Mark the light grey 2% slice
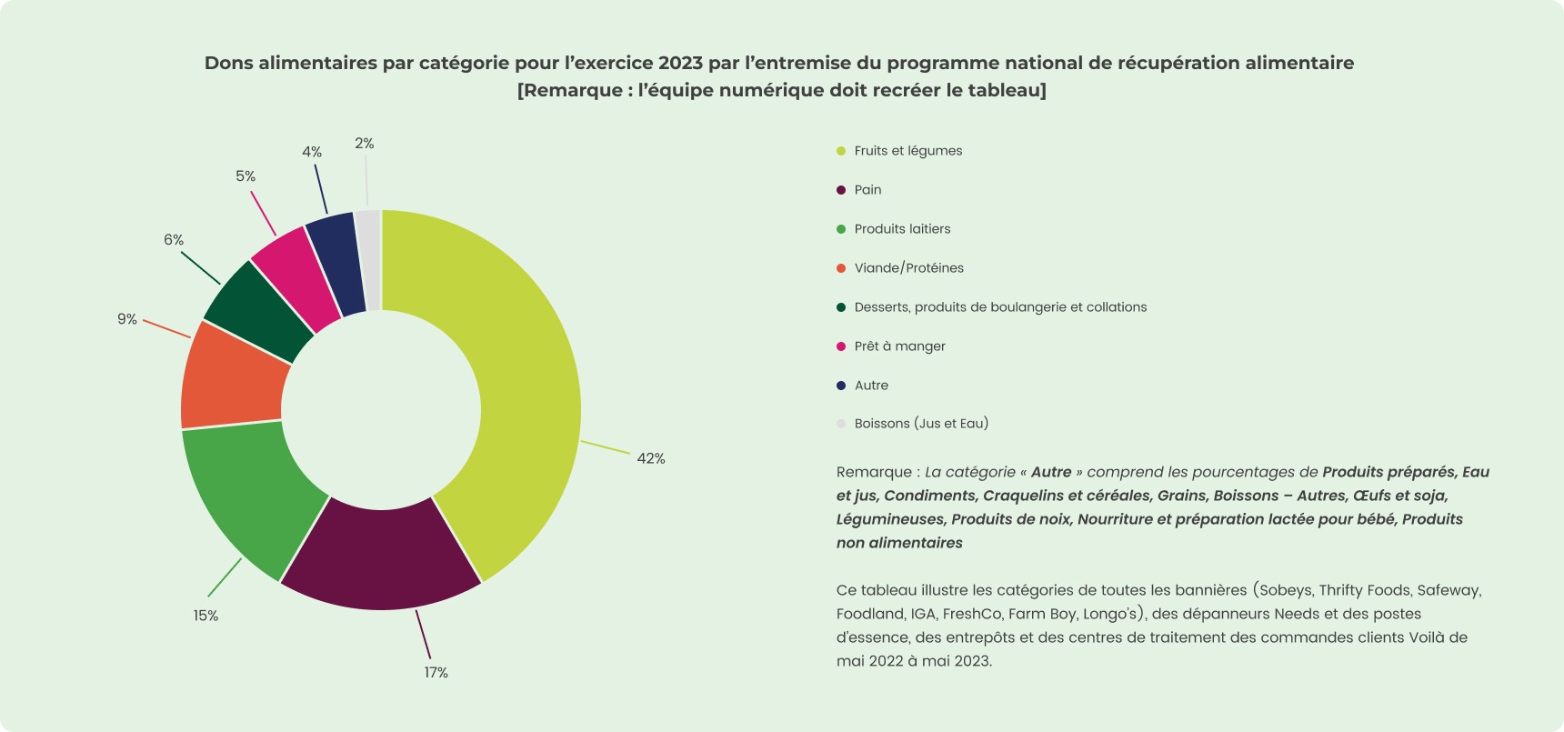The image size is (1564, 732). [x=369, y=260]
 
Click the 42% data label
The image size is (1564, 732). [x=651, y=458]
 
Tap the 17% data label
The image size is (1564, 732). [x=436, y=672]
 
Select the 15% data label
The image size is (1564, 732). [x=206, y=616]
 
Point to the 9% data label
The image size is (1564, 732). [x=127, y=319]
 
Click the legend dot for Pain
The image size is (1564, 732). [x=841, y=190]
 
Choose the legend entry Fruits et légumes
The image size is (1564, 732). [x=907, y=151]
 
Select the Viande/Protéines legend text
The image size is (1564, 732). [x=908, y=268]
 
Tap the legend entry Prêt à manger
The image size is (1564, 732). [x=899, y=346]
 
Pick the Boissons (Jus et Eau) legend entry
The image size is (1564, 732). [x=921, y=424]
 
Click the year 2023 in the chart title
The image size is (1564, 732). [x=681, y=63]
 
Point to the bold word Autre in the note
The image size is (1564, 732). [x=1051, y=472]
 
